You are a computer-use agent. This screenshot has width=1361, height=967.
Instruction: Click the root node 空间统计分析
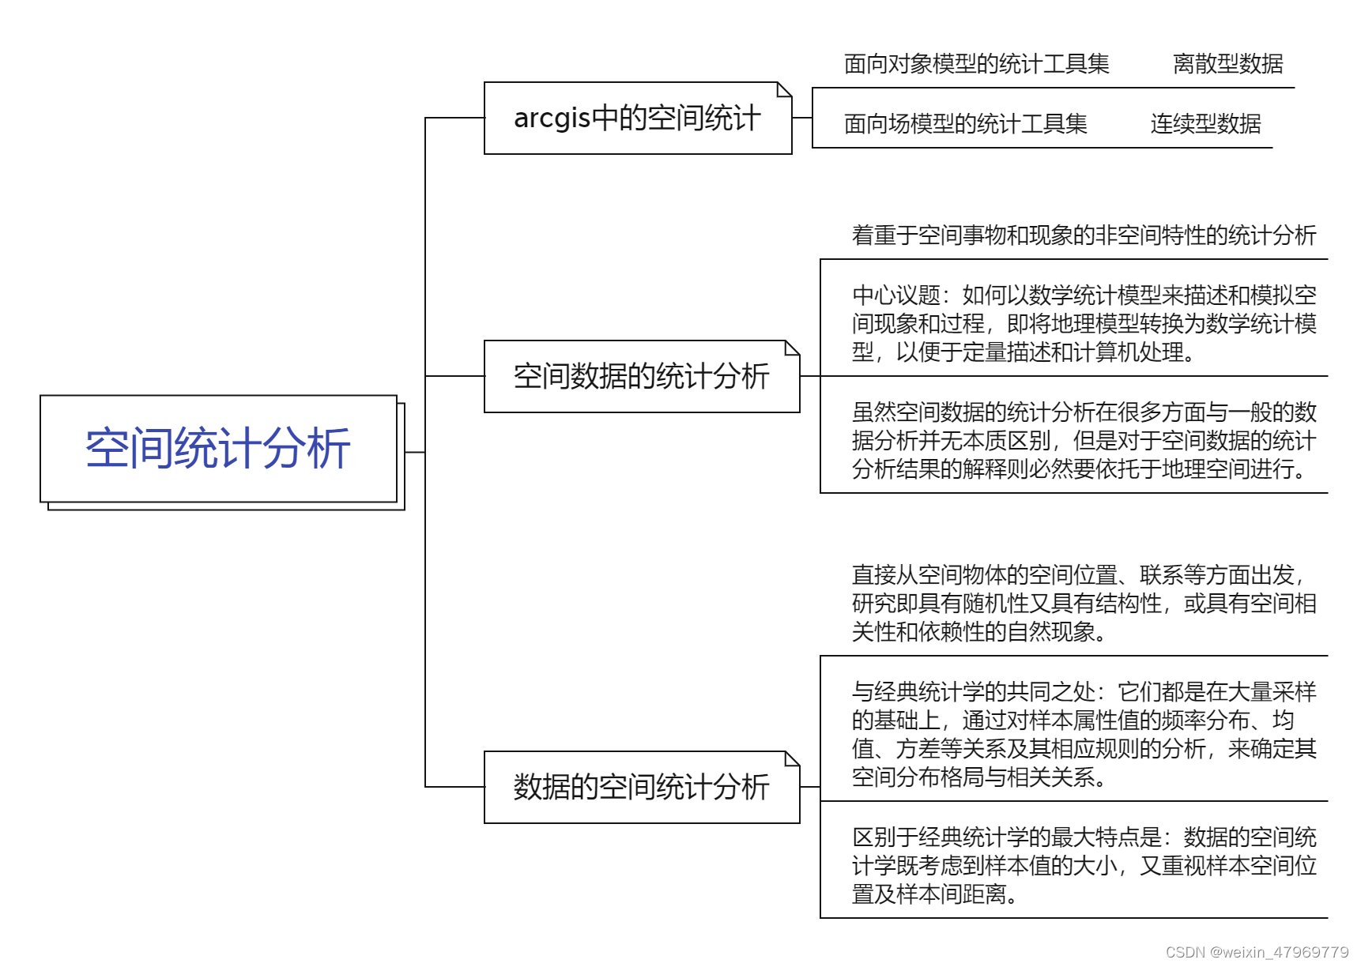(218, 449)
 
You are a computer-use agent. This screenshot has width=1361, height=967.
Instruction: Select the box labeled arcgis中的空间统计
(637, 119)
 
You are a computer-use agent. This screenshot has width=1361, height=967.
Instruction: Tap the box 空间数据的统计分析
(641, 377)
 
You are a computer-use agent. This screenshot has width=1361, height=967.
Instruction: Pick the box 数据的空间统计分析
(641, 787)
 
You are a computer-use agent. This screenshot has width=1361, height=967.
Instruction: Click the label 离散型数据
(1227, 64)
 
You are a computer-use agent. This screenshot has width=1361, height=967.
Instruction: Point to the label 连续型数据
(1205, 124)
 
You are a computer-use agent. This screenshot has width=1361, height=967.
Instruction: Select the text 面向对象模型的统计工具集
(976, 64)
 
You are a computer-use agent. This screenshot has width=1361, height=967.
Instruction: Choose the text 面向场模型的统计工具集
(965, 124)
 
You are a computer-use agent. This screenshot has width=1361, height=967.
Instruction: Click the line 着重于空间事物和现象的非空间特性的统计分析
(1084, 235)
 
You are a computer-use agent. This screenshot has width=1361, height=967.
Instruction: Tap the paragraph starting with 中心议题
(1084, 324)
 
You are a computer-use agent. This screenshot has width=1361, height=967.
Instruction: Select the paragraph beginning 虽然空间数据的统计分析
(1084, 441)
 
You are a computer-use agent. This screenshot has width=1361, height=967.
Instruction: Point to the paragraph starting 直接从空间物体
(1084, 604)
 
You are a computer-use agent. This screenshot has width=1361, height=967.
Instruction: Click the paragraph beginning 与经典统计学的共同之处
(1084, 735)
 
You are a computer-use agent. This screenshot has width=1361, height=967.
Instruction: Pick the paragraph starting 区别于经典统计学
(1084, 866)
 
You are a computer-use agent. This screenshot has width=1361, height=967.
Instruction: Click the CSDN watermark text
(1257, 953)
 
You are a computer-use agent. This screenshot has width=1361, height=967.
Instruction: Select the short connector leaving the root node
(415, 453)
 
